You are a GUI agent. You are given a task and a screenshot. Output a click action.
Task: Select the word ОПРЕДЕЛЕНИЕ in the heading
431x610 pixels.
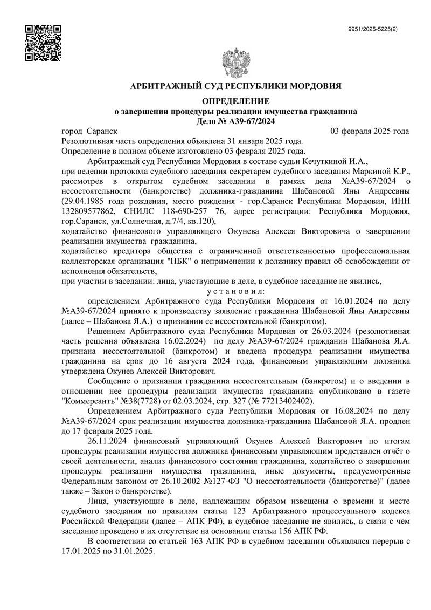point(236,101)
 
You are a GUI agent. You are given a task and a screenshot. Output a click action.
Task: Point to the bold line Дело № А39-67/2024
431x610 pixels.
point(237,121)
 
